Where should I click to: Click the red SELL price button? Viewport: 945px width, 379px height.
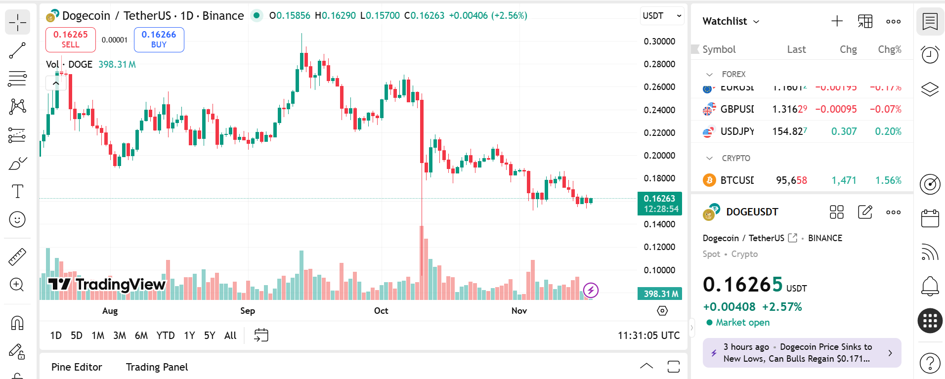(x=70, y=39)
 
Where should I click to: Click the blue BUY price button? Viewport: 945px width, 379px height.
(x=159, y=39)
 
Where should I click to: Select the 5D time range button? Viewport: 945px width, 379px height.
(x=77, y=336)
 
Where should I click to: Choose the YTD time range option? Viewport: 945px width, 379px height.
(x=165, y=336)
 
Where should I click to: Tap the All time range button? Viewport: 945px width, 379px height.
(x=230, y=336)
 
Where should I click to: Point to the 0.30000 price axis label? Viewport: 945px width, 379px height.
(x=659, y=42)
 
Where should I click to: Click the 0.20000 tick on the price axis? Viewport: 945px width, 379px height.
(x=659, y=156)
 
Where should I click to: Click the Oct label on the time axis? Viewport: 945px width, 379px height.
(x=381, y=311)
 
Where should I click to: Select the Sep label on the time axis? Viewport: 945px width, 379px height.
(x=248, y=311)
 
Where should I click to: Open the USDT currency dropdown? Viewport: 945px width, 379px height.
(x=662, y=16)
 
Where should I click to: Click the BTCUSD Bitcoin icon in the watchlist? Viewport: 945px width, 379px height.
(x=709, y=180)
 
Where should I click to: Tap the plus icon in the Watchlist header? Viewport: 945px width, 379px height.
(x=837, y=21)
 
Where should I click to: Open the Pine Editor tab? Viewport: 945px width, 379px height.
(x=77, y=367)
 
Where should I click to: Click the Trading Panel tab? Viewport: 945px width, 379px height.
(x=157, y=367)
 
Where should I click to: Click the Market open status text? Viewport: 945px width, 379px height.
(x=742, y=323)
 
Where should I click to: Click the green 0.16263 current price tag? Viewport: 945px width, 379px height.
(x=659, y=203)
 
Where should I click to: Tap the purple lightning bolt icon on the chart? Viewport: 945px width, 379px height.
(x=591, y=290)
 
